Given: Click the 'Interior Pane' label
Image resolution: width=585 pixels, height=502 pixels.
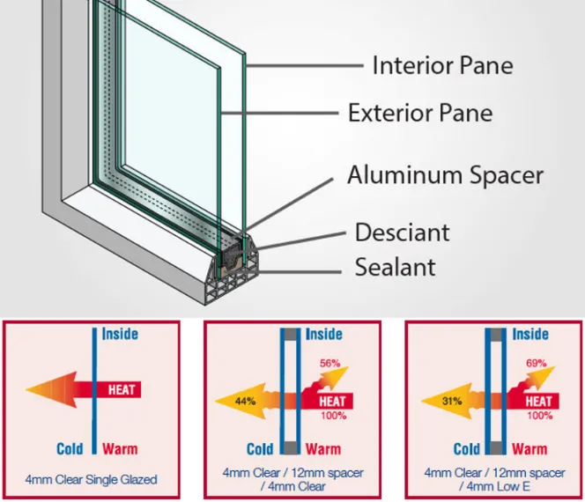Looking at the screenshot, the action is tap(442, 65).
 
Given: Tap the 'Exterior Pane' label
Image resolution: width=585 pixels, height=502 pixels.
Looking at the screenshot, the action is tap(420, 113).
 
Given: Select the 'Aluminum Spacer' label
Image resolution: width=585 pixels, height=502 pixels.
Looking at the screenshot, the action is tap(445, 174).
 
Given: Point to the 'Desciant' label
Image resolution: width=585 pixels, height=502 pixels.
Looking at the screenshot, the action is tap(402, 233).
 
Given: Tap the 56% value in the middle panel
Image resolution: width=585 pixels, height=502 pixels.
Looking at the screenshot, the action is tap(330, 363).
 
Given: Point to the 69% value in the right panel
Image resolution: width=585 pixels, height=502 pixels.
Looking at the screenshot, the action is tap(536, 362).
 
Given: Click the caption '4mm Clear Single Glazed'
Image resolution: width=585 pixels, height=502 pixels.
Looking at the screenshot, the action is tap(93, 480).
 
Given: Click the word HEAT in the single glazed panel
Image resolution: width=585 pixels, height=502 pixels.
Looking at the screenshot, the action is tap(122, 388).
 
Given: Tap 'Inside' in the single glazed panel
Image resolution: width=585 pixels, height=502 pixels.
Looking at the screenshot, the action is tap(120, 334).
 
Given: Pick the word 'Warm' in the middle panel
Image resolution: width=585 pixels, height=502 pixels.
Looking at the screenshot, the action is tap(323, 449).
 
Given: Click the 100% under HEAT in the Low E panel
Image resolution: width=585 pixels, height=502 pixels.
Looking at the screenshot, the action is tap(540, 416).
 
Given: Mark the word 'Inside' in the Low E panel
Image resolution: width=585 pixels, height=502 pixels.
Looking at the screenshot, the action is tap(530, 334).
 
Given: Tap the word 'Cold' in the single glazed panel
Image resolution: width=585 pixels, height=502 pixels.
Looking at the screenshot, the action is tap(70, 449).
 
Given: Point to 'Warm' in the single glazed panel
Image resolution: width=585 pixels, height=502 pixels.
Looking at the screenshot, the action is tap(120, 449).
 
